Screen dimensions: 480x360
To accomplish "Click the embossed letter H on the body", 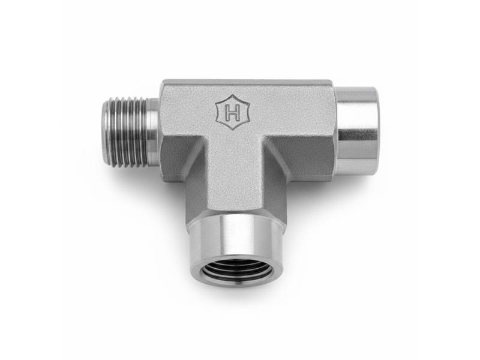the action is coord(233,113).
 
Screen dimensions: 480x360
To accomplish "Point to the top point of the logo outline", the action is coord(233,95).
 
